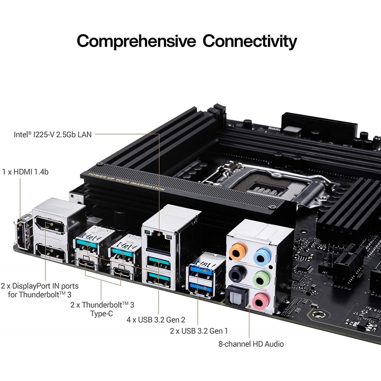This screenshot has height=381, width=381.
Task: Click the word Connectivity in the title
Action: [250, 41]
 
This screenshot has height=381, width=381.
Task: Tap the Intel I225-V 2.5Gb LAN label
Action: [53, 134]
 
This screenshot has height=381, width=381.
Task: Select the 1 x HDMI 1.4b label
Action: [25, 172]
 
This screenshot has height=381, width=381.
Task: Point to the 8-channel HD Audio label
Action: [251, 344]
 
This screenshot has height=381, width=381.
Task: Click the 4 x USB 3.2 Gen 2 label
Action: [156, 319]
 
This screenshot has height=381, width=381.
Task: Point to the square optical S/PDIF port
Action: [235, 296]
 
